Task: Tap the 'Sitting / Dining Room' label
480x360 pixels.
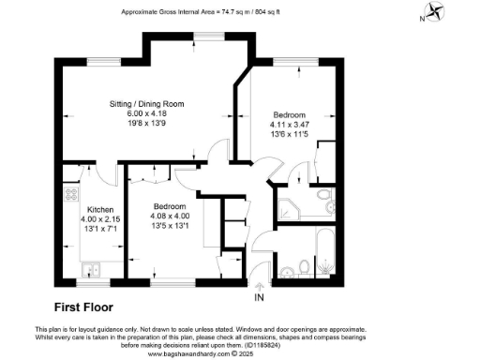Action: click(143, 103)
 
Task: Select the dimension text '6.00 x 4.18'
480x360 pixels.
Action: click(143, 113)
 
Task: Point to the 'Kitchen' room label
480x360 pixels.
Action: click(100, 209)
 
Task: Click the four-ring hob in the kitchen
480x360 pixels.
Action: click(70, 195)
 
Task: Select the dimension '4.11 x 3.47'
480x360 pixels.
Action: click(289, 124)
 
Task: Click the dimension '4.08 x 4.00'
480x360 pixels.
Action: click(170, 216)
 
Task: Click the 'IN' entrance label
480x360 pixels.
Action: click(260, 297)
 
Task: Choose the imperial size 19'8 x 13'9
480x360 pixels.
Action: click(143, 124)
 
